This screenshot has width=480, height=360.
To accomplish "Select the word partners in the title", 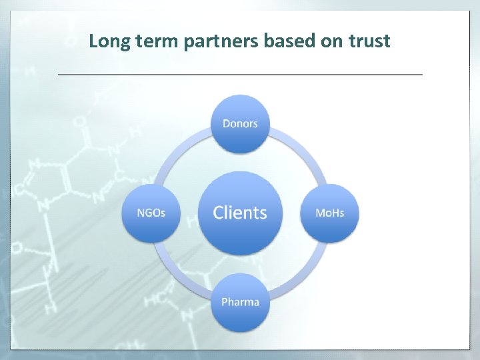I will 219,42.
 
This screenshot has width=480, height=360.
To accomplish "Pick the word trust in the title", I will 369,42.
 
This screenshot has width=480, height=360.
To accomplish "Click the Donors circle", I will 240,124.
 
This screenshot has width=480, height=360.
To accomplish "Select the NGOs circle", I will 151,213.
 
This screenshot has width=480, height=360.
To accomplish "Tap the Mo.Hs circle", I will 329,213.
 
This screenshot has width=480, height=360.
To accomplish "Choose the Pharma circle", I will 240,302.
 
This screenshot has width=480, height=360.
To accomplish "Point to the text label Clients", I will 240,213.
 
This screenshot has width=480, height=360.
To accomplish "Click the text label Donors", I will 240,124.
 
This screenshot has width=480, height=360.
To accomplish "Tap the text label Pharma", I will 240,302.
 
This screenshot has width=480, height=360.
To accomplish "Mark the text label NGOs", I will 151,213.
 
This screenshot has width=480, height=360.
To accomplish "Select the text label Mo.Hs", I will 329,213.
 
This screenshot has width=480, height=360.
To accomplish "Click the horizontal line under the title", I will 240,74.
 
